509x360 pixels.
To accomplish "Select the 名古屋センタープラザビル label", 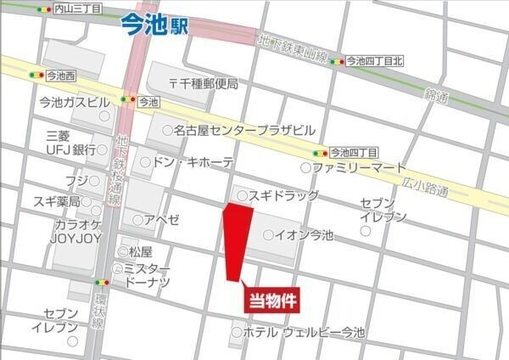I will (244, 131).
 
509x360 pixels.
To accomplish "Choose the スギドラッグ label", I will (283, 196).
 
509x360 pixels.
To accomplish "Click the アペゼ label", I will (161, 220).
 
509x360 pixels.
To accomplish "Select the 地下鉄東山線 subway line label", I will (294, 49).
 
